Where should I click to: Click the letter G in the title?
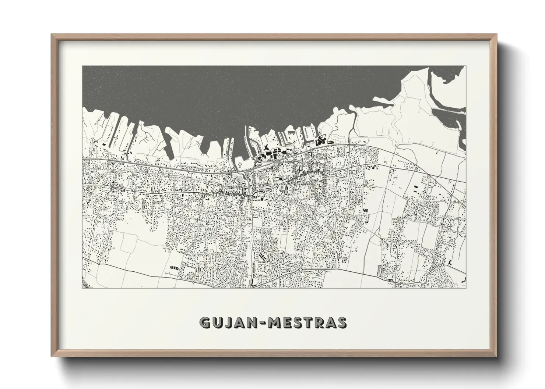(205, 323)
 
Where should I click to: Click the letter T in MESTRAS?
(312, 323)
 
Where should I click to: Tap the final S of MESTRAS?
(341, 323)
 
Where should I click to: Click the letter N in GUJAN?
(254, 323)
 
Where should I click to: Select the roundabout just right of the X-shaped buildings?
(301, 270)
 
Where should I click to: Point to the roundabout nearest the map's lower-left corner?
(99, 263)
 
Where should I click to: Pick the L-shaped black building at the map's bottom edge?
(254, 282)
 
